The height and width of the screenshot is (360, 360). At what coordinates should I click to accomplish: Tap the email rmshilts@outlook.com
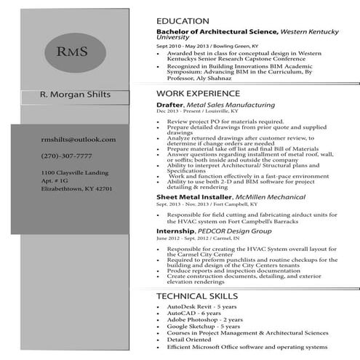(78, 139)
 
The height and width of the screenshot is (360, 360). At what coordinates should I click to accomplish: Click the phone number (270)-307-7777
(66, 156)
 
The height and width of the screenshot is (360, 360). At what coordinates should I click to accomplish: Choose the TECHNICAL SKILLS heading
(196, 296)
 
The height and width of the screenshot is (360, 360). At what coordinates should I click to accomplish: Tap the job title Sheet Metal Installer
(193, 197)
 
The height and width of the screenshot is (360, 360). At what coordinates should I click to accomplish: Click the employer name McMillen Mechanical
(269, 197)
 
